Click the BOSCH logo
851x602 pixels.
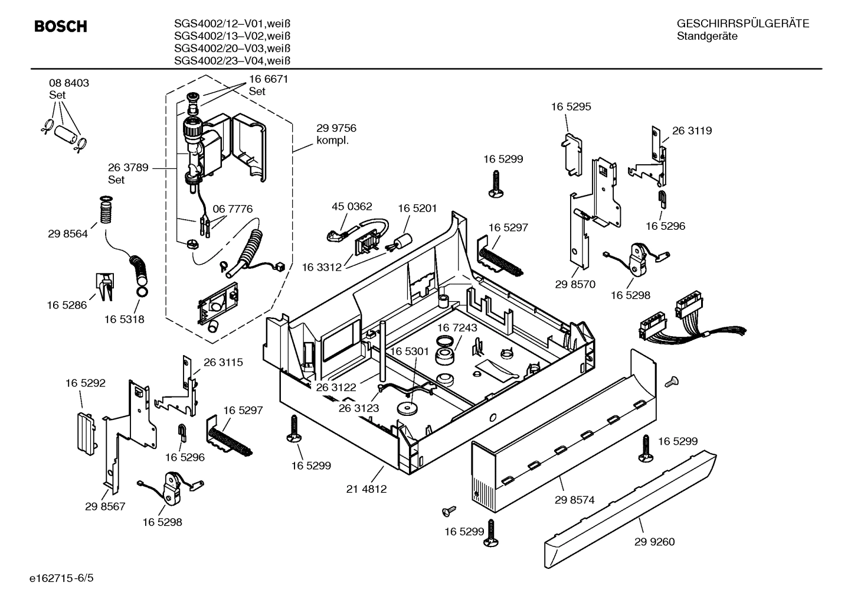tap(61, 27)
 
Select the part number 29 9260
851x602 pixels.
tap(654, 542)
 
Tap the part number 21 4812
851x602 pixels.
tap(366, 489)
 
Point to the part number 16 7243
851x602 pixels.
tap(457, 327)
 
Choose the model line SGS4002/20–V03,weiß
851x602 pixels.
tap(232, 48)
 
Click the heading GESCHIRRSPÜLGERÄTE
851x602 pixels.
tap(742, 24)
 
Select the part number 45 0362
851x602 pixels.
tap(352, 206)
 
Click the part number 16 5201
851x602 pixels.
tap(417, 208)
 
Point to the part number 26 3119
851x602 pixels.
tap(692, 131)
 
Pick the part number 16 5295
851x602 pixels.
tap(571, 107)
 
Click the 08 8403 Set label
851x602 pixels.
tap(69, 89)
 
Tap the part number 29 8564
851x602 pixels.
tap(68, 234)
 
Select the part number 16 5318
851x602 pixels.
tap(125, 319)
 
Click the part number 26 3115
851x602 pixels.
tap(223, 362)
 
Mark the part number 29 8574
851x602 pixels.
tap(574, 500)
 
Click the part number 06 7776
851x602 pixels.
tap(233, 209)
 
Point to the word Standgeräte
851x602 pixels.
tap(707, 36)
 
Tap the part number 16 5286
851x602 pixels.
tap(67, 305)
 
